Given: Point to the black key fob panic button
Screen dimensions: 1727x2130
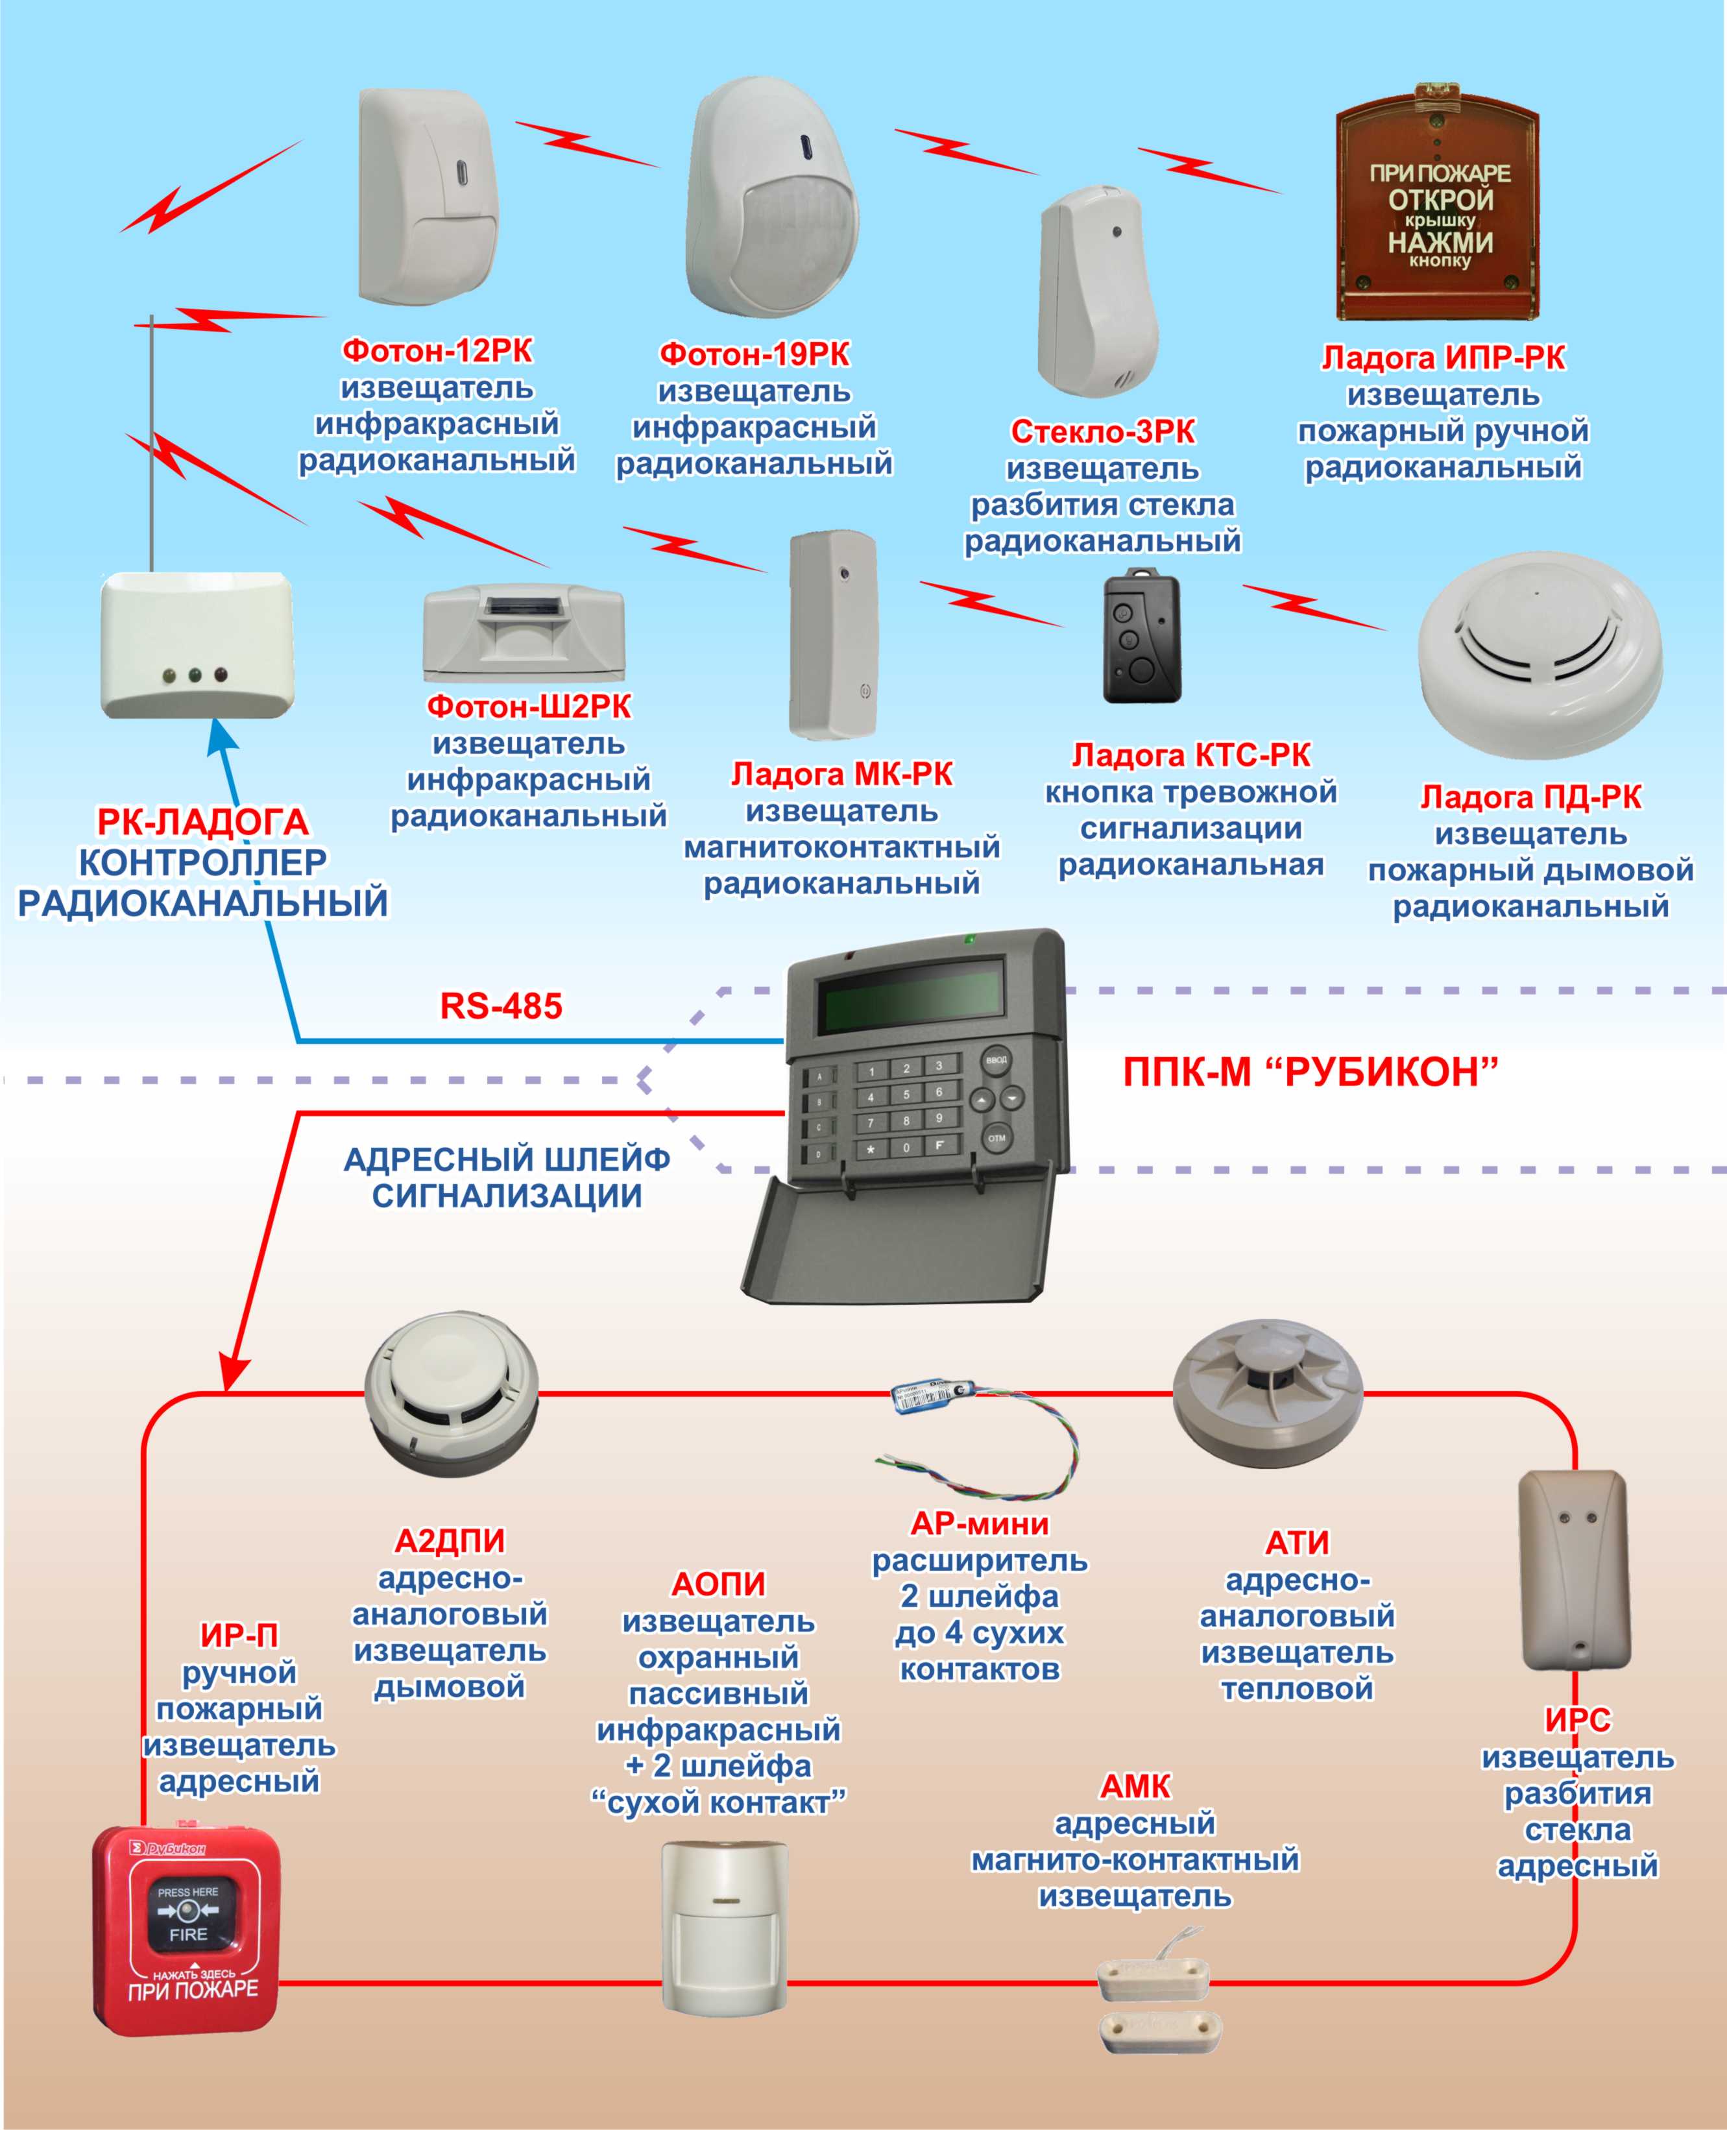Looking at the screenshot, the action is coord(1141,635).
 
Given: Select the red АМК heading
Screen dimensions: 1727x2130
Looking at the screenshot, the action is coord(1135,1787).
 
